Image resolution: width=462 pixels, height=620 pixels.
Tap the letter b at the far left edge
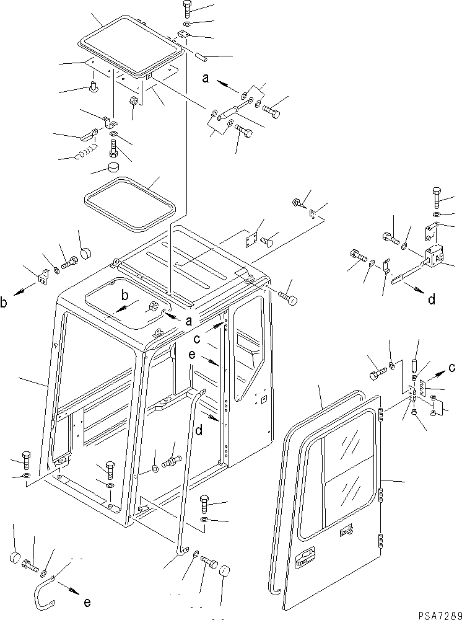tap(5, 303)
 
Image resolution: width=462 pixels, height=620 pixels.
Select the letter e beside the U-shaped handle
tap(86, 602)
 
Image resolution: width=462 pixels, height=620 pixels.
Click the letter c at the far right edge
tap(453, 367)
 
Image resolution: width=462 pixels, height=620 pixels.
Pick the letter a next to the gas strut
tap(205, 79)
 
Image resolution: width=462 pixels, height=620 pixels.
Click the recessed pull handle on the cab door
tap(305, 560)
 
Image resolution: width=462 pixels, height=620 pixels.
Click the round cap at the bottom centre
tap(224, 571)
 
